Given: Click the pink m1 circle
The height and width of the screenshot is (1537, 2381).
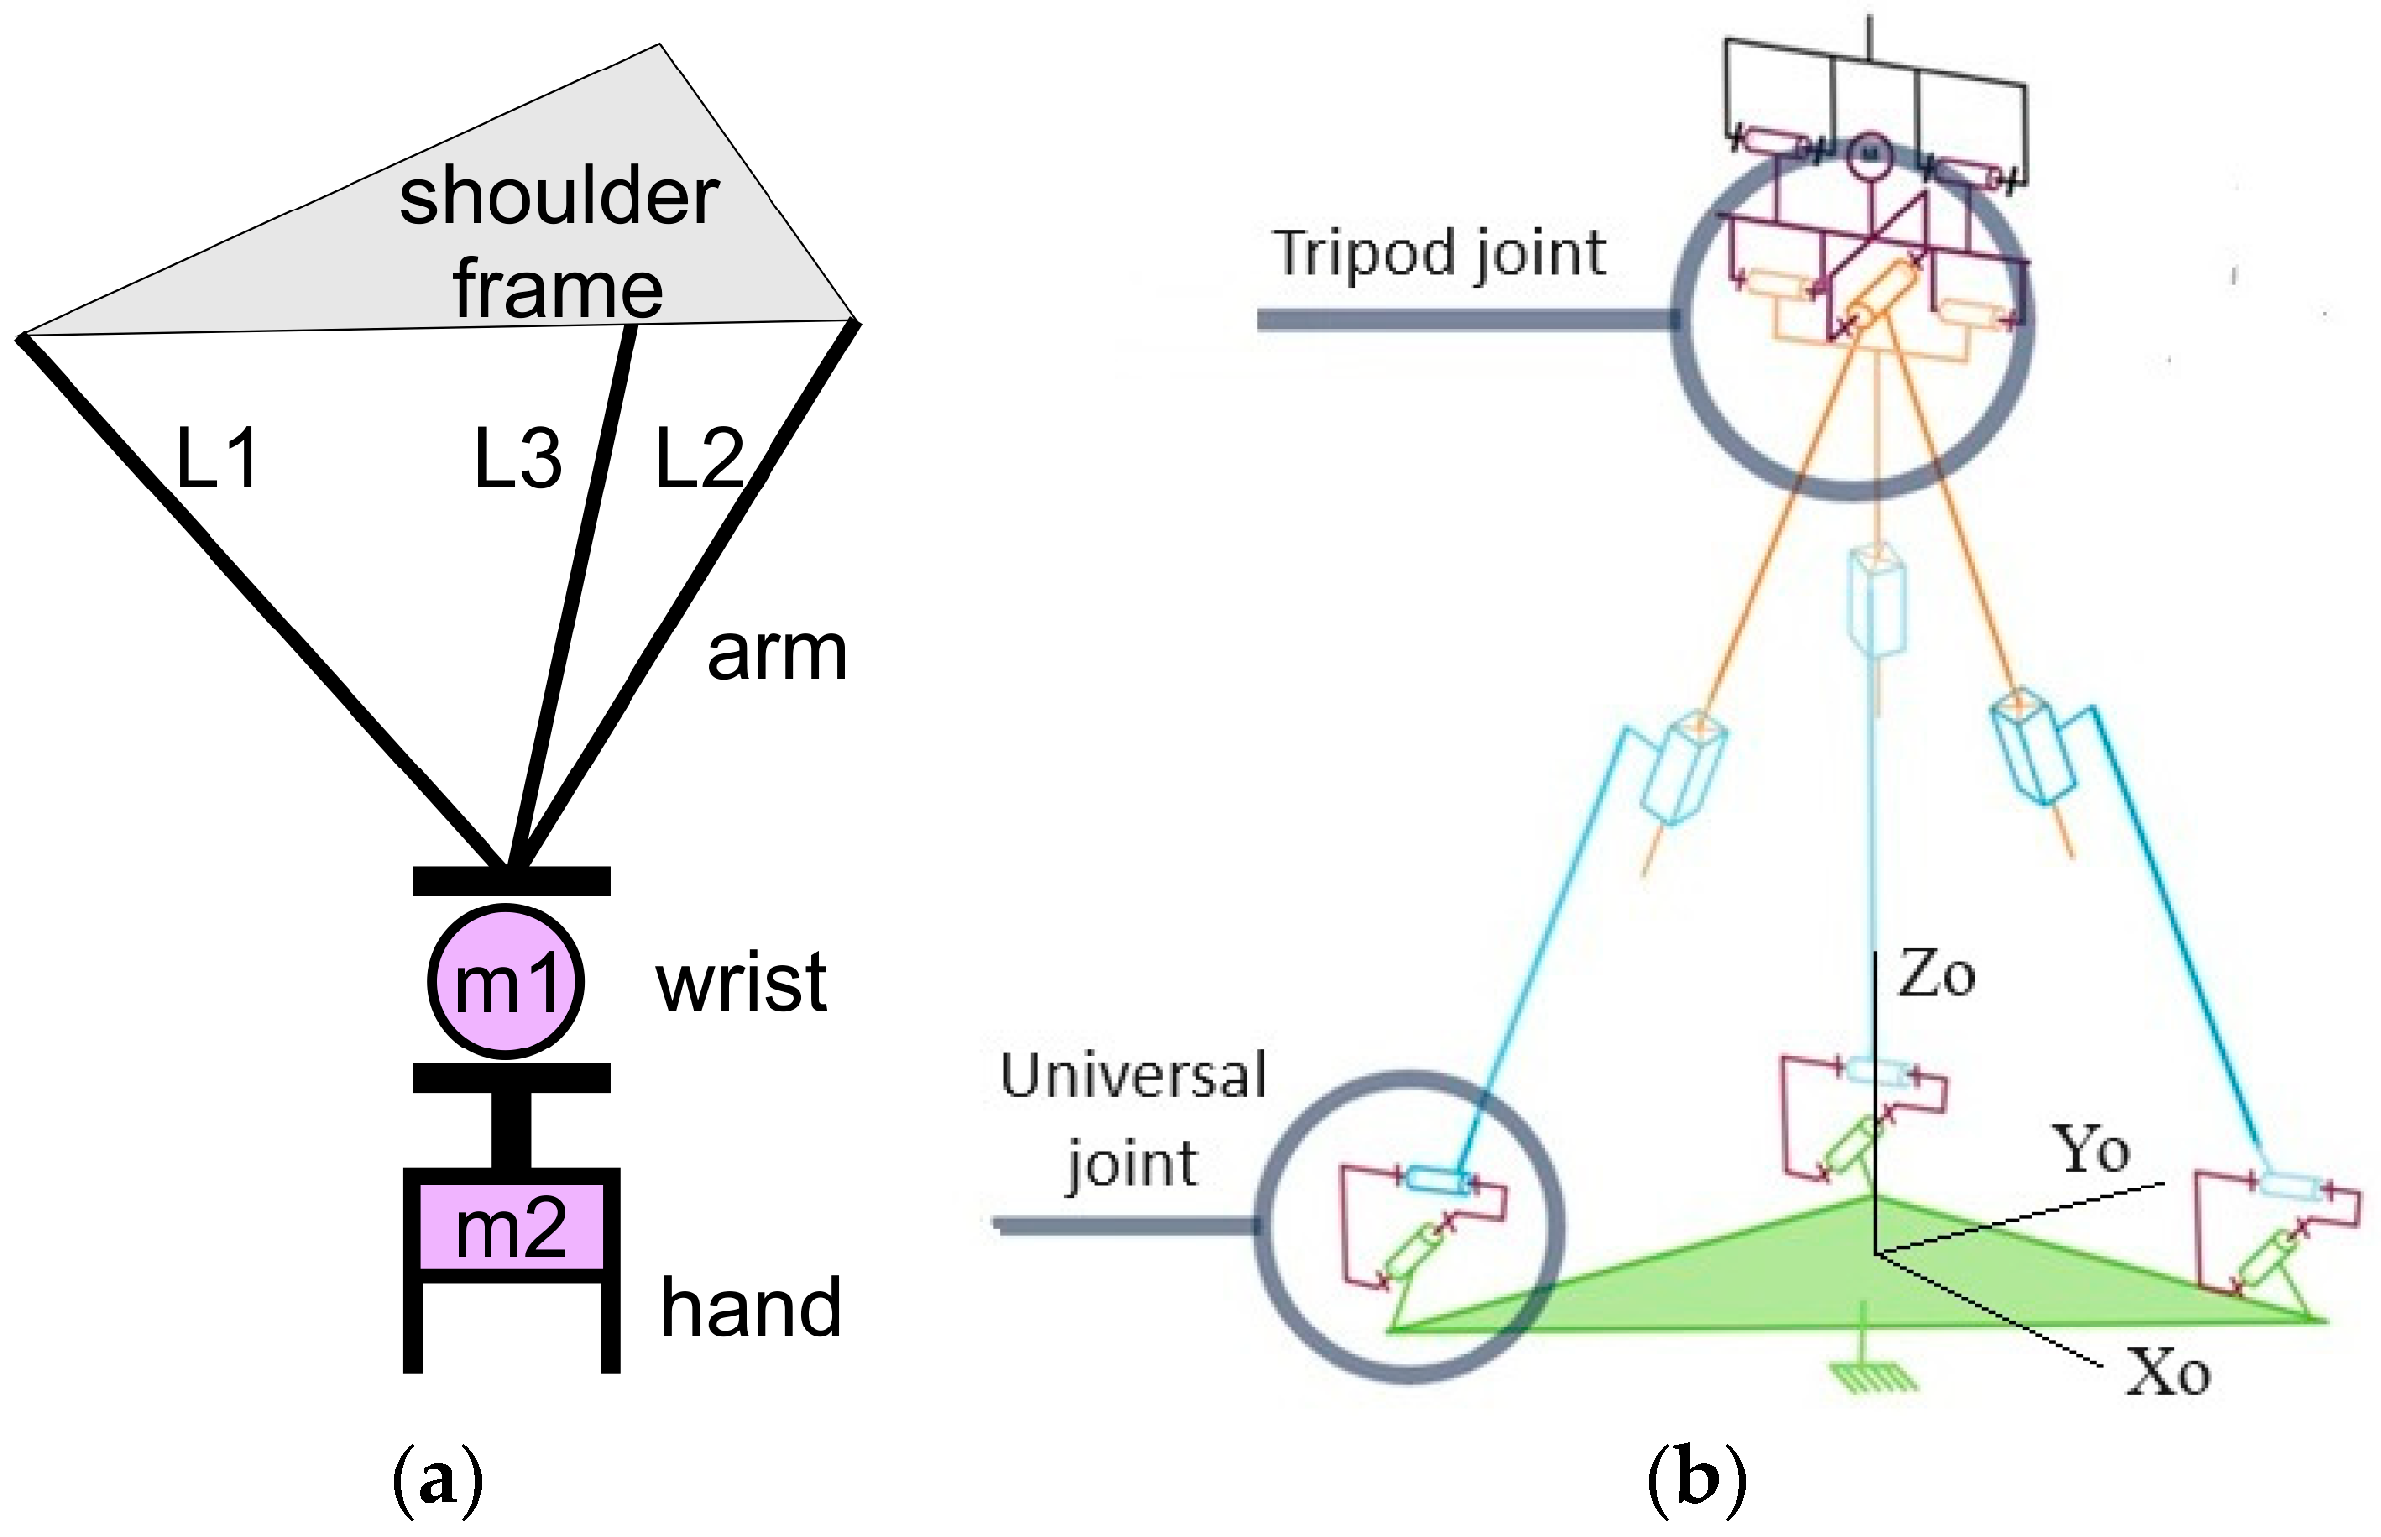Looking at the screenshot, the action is (x=505, y=981).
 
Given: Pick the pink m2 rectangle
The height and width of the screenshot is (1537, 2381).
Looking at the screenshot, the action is (x=511, y=1226).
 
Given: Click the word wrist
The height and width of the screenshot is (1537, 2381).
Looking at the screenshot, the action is (x=742, y=982).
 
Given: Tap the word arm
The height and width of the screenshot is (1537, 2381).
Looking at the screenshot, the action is (x=776, y=653).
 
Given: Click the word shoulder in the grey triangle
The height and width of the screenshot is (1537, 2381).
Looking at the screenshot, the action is (x=559, y=196).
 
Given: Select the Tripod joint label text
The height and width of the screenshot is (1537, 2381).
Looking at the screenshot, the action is (x=1439, y=253).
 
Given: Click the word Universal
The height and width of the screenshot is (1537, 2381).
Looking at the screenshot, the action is (x=1133, y=1077).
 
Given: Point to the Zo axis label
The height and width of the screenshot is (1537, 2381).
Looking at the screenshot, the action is (x=1936, y=974).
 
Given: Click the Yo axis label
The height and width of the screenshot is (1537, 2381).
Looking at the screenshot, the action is (x=2091, y=1149).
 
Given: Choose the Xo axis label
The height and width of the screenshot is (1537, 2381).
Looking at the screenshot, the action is (x=2168, y=1373).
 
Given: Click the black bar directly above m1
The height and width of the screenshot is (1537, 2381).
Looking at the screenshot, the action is (x=511, y=881).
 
